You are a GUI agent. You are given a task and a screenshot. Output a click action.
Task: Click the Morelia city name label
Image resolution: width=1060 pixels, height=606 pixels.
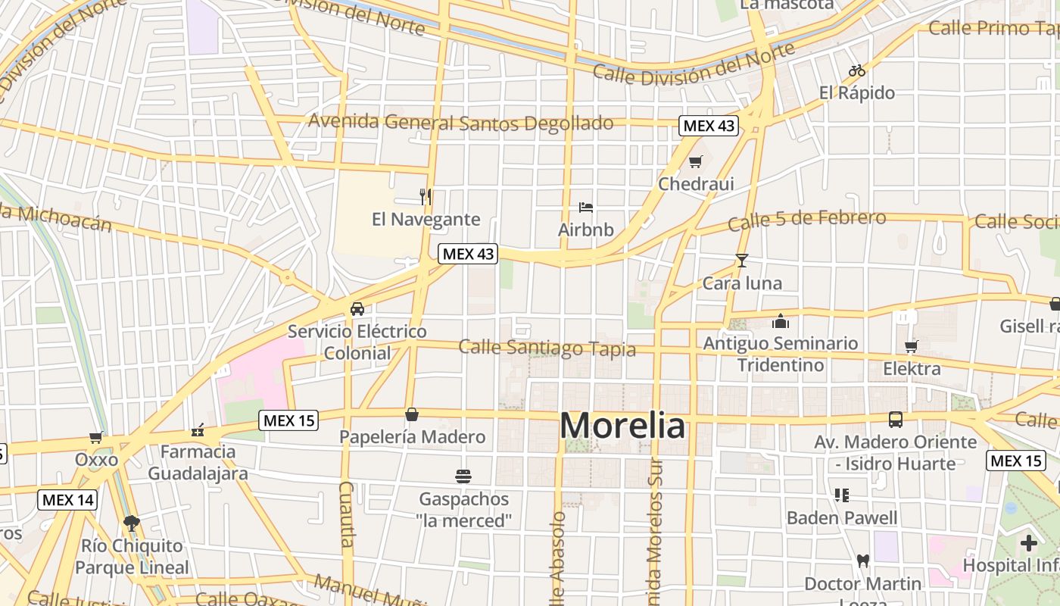[x=622, y=426]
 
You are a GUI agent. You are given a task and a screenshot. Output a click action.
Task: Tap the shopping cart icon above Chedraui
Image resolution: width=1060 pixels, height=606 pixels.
[x=696, y=161]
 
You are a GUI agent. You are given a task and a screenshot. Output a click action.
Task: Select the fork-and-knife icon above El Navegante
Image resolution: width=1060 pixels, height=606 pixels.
[x=426, y=197]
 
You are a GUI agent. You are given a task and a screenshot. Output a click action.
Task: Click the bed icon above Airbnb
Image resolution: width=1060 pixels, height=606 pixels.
[x=585, y=207]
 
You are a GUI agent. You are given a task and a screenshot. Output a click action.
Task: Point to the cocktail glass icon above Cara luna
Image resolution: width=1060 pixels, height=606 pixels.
[x=741, y=261]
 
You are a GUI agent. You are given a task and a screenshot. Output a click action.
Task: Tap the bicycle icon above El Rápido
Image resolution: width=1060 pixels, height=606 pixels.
[x=857, y=70]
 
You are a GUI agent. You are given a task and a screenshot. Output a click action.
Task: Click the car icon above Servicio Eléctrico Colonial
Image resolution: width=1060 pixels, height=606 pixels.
[x=357, y=308]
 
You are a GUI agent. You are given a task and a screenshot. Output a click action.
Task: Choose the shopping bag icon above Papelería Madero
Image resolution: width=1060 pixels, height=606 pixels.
[x=412, y=414]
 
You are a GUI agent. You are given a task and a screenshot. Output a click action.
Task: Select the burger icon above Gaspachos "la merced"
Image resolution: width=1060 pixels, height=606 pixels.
[x=463, y=476]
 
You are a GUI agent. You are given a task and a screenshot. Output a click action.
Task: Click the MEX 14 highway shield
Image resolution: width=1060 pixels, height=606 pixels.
[x=68, y=500]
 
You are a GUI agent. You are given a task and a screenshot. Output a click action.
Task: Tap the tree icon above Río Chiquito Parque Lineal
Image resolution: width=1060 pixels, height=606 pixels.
[x=132, y=523]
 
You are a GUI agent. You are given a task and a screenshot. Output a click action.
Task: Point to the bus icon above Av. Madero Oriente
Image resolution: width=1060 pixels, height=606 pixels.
[x=896, y=419]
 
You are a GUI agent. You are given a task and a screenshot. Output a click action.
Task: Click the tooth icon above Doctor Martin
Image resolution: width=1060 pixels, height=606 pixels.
[x=862, y=561]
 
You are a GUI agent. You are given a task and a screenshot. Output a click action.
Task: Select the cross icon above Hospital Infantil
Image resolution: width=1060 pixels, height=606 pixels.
[x=1028, y=542]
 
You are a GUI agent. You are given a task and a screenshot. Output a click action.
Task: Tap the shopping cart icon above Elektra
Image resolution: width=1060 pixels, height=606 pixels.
[x=912, y=346]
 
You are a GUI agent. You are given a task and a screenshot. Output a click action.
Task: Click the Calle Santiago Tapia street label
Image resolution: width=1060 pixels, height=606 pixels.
[x=547, y=348]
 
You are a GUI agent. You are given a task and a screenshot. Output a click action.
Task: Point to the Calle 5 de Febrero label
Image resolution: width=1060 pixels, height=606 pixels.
[x=806, y=220]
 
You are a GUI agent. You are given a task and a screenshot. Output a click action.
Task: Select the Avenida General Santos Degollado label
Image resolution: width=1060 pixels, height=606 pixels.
[x=460, y=122]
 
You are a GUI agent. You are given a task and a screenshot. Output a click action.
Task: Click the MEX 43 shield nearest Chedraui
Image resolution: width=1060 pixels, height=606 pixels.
[x=708, y=126]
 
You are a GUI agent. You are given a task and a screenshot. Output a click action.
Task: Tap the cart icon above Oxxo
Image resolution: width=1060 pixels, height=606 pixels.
[x=96, y=437]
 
